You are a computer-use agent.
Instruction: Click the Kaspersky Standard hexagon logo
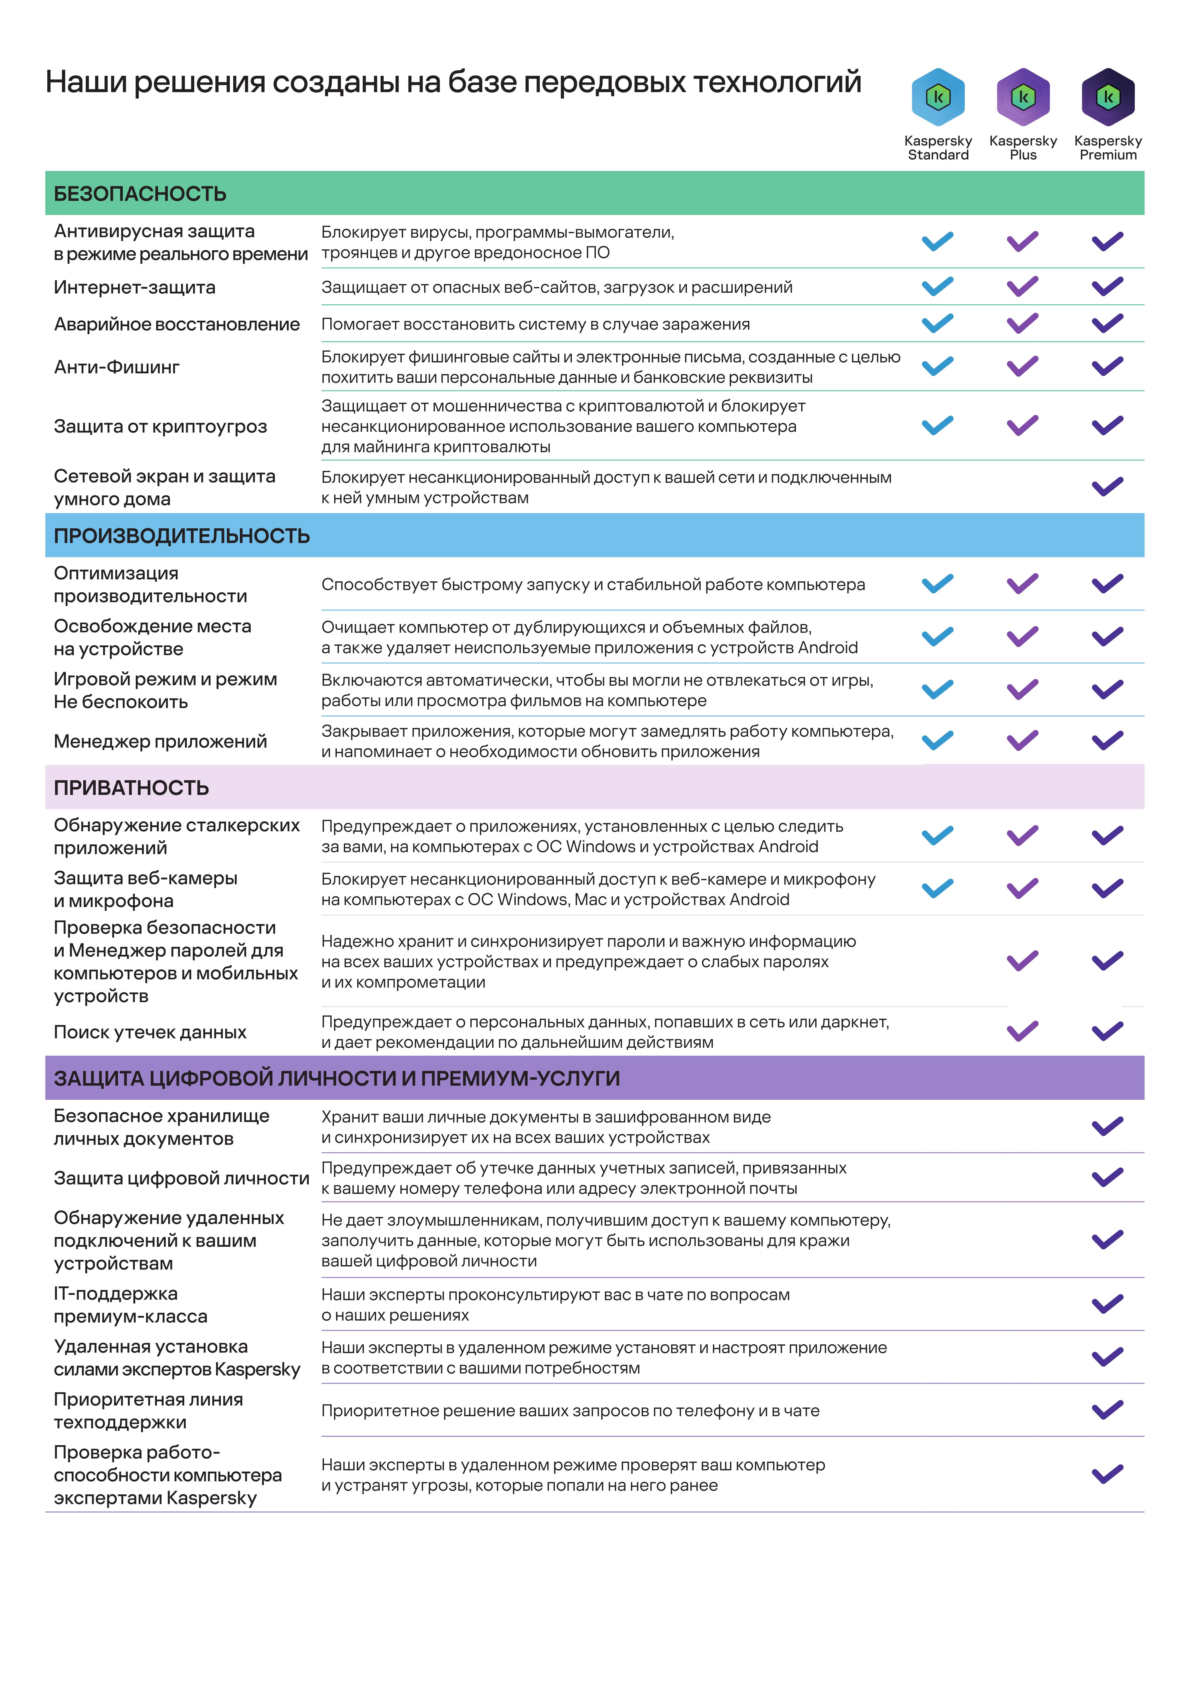pos(938,97)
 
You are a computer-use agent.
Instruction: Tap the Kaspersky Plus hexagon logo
pos(1023,97)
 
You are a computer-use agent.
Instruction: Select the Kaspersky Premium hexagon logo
pos(1108,97)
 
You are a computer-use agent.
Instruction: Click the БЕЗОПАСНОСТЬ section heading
pos(140,194)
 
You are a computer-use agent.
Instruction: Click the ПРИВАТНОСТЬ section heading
pos(131,788)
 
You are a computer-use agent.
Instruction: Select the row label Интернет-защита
pos(134,288)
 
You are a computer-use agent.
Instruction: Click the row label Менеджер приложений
pos(160,741)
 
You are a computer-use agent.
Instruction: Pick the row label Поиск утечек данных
pos(150,1032)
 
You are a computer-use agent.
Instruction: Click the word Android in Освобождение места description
pos(828,648)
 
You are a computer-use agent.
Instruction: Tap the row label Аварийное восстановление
pos(177,324)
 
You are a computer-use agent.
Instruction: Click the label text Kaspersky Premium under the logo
pos(1108,147)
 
